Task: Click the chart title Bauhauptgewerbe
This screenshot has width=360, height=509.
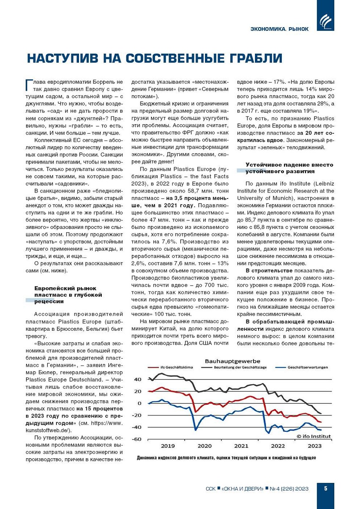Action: coord(232,361)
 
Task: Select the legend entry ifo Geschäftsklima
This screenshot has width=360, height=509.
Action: coord(176,367)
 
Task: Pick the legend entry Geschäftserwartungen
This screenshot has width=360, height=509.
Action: coord(307,367)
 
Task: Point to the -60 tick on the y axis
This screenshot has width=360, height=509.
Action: coord(137,439)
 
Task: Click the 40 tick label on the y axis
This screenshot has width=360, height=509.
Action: coord(138,379)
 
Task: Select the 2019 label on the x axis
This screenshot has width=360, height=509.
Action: coord(168,446)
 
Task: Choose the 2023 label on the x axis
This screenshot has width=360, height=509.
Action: coord(314,446)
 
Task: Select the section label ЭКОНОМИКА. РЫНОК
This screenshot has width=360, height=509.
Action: coord(280,29)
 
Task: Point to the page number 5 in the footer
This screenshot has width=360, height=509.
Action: coord(325,488)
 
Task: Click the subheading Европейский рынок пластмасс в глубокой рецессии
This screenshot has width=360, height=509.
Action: coord(68,295)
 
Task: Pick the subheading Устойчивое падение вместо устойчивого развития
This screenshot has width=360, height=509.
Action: coord(289,168)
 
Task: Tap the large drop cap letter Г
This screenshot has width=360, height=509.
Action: coord(29,85)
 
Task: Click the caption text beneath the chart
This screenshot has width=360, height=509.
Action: coord(226,458)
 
